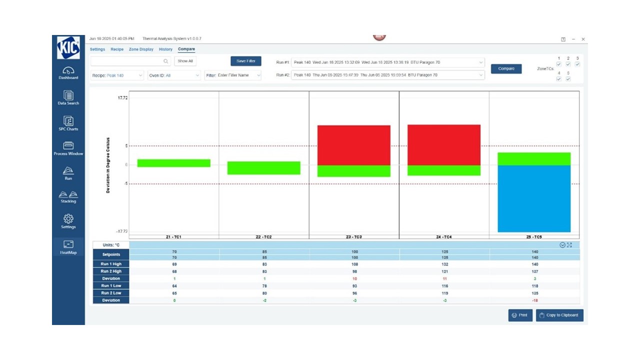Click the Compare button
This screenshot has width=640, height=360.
coord(506,68)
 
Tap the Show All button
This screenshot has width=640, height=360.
coord(185,61)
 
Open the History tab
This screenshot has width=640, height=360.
coord(165,49)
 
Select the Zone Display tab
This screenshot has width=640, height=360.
coord(141,49)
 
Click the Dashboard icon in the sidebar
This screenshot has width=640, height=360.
coord(68,72)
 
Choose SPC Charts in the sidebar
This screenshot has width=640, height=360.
coord(68,123)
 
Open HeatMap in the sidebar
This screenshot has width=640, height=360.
coord(68,247)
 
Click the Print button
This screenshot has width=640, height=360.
coord(520,315)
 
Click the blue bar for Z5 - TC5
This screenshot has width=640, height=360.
coord(534,198)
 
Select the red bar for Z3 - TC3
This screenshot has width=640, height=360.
coord(354,145)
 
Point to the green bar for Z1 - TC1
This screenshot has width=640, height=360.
coord(174,163)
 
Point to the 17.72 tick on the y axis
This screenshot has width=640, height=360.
coord(122,98)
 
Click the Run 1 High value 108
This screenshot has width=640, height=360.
coord(354,264)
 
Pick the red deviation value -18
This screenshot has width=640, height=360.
coord(534,300)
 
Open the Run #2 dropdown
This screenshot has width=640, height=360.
coord(387,75)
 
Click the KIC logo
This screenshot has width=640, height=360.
coord(68,47)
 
